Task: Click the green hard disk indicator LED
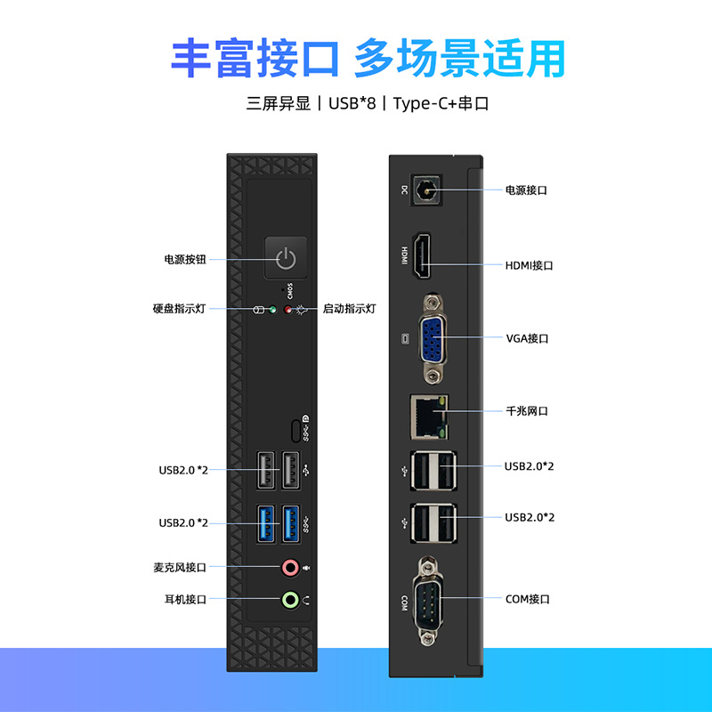pos(272,310)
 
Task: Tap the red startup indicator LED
pos(287,310)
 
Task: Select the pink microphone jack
pos(289,566)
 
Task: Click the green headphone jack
pos(289,599)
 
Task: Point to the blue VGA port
pos(433,338)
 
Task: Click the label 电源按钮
pos(185,259)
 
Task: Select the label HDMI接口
pos(530,265)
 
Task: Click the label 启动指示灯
pos(349,309)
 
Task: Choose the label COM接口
pos(528,599)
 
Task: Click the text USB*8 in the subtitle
pos(352,103)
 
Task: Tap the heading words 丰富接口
pos(255,58)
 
